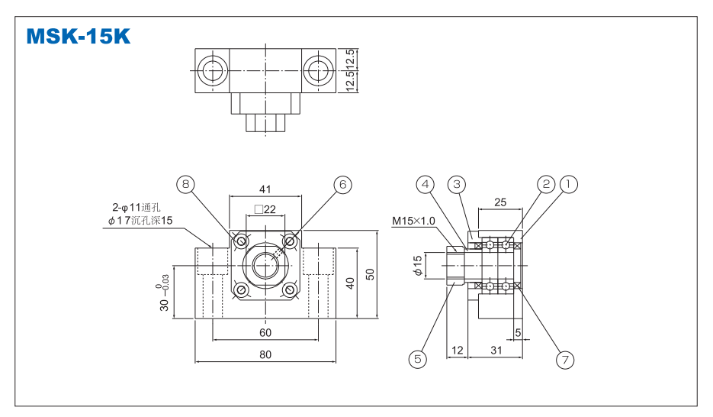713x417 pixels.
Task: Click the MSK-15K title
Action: coord(78,36)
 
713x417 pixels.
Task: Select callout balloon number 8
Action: coord(185,184)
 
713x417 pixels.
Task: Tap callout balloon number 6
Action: coord(342,184)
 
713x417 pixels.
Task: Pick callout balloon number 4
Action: coord(426,184)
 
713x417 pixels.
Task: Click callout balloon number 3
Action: coord(457,184)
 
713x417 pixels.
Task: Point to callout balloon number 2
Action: coord(546,184)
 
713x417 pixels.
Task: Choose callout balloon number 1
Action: coord(569,184)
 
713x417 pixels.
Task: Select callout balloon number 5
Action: coord(417,357)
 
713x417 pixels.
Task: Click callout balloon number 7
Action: coord(564,359)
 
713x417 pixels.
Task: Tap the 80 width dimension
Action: coord(265,354)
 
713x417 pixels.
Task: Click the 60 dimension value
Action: coord(265,333)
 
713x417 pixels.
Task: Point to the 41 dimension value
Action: coord(265,189)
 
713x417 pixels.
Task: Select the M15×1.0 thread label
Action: coord(413,221)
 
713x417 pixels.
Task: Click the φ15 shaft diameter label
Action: coord(417,265)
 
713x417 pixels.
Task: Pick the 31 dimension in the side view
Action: coord(496,350)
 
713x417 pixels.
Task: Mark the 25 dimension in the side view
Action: coord(499,202)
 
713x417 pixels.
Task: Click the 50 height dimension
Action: coord(370,273)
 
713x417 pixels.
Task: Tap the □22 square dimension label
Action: coord(265,209)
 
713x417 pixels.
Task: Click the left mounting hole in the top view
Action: coord(211,71)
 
